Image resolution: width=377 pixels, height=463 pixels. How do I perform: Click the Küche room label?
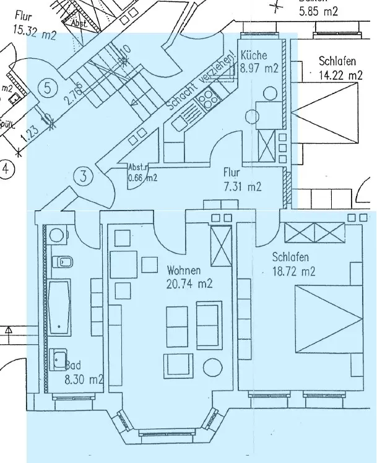pos(254,53)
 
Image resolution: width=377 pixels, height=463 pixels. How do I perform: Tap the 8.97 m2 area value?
pos(259,68)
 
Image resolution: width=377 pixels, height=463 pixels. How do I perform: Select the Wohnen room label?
pos(183,270)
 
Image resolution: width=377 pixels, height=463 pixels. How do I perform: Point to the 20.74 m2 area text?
pos(190,284)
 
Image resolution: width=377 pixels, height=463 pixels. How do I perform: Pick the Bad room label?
pos(74,366)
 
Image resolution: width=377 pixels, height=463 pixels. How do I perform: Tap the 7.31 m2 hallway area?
pos(242,186)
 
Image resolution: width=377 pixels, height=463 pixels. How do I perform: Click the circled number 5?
pos(48,87)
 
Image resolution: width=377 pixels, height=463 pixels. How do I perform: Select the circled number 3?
pos(84,176)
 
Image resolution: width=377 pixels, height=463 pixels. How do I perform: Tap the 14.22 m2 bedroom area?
pos(341,76)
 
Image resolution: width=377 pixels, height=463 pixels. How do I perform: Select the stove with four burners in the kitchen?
pos(207,98)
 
